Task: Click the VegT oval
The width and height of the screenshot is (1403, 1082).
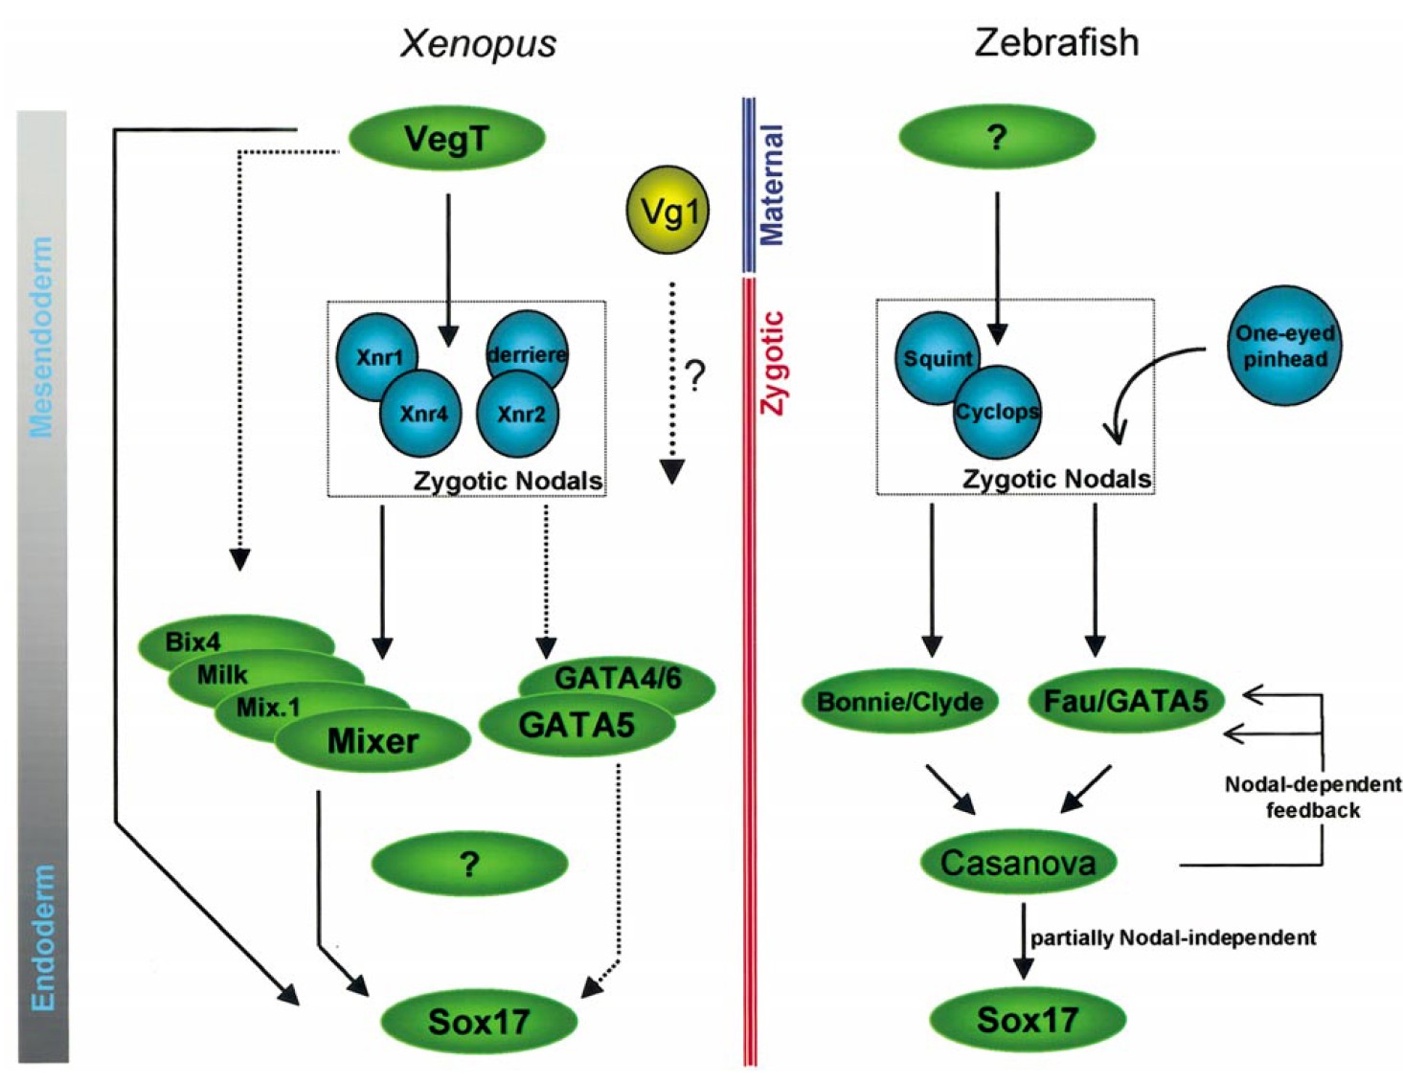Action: click(x=446, y=139)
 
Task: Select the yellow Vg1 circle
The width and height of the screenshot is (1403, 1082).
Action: click(x=668, y=210)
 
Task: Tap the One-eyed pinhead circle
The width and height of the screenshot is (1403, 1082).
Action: click(x=1284, y=346)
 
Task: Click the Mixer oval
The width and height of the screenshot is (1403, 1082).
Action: click(x=373, y=741)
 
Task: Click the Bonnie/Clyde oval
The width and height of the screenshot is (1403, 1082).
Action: click(x=899, y=702)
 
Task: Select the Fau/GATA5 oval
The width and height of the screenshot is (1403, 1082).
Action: click(x=1125, y=702)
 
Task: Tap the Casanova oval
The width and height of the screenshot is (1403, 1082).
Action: click(x=1017, y=863)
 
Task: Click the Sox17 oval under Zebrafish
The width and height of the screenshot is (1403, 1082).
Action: click(x=1027, y=1020)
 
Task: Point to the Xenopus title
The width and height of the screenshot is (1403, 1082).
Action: click(x=478, y=44)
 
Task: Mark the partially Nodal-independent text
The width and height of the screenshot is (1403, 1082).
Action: click(x=1173, y=937)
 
